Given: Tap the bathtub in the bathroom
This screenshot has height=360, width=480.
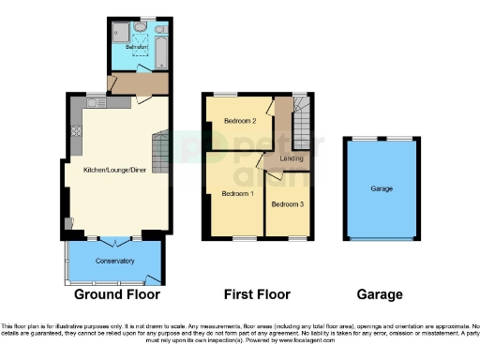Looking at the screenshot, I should tap(159, 42).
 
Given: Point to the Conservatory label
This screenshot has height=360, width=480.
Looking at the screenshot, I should tap(113, 261).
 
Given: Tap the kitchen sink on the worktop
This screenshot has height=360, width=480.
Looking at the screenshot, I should tap(94, 101).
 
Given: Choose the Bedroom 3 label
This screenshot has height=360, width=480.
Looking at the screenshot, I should tap(287, 203).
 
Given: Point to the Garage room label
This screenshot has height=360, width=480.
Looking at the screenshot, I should tap(381, 189).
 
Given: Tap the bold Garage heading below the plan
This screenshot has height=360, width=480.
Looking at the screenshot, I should tap(380, 294).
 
